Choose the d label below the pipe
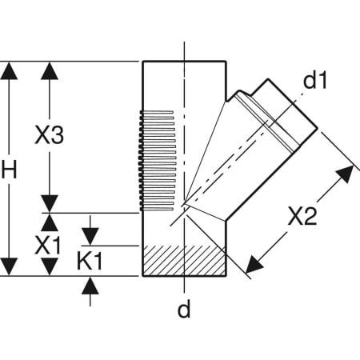183,310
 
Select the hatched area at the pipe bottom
183,260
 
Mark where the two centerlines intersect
183,205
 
